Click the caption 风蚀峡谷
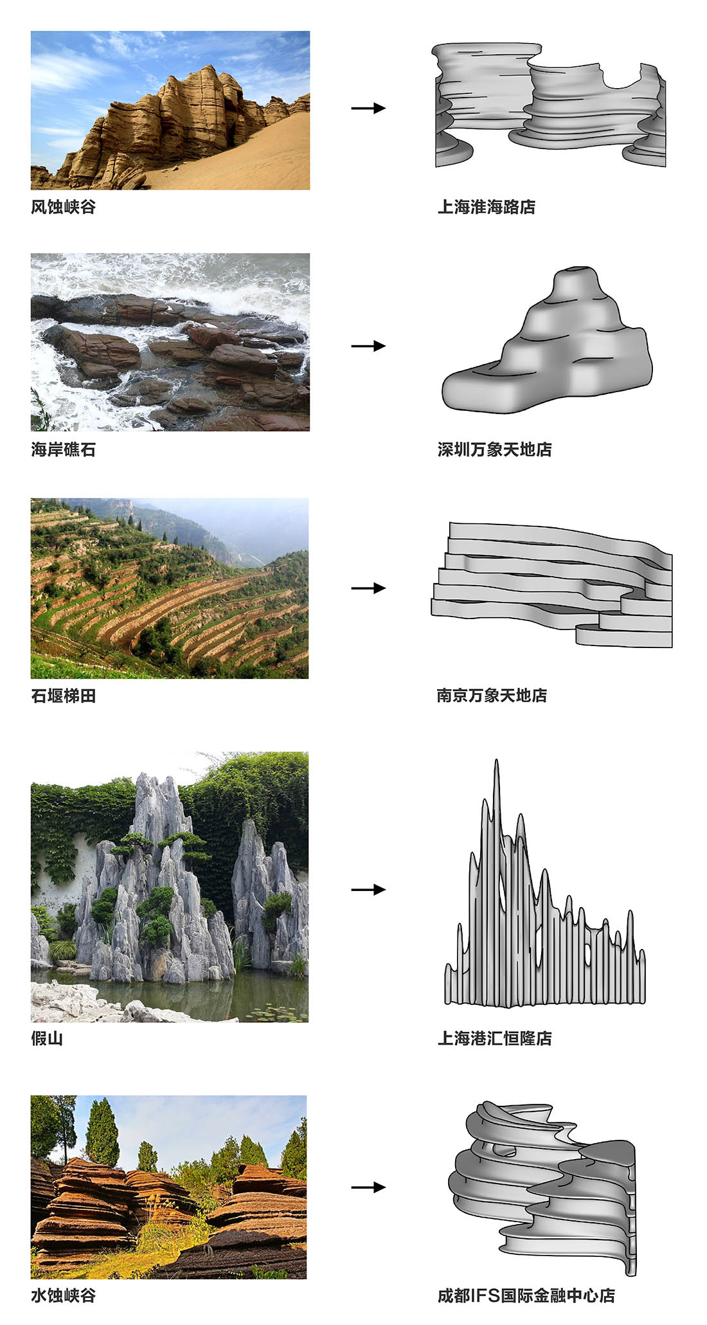click(x=63, y=207)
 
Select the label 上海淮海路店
click(x=486, y=207)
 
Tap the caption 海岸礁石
click(x=63, y=449)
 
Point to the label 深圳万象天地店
click(x=494, y=449)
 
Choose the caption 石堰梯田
click(x=63, y=696)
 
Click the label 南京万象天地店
click(x=491, y=696)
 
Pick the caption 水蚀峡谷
click(x=63, y=1295)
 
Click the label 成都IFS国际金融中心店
click(x=526, y=1295)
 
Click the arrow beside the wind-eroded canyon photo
click(x=368, y=108)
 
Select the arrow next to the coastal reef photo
click(x=368, y=346)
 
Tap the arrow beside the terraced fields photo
click(x=368, y=588)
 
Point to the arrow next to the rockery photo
click(x=368, y=890)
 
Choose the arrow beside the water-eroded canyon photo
click(x=368, y=1187)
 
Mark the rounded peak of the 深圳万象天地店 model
click(x=575, y=273)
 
